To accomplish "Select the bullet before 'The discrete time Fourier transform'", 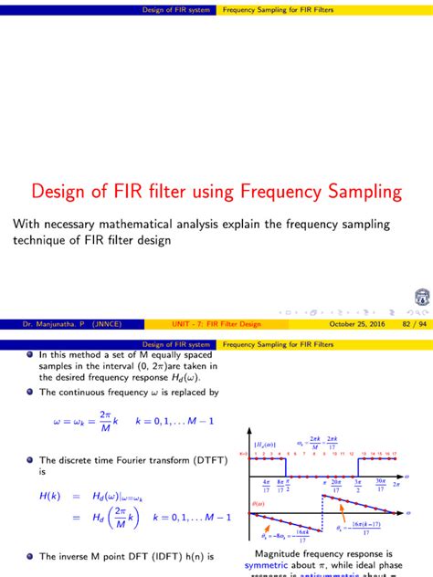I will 29,461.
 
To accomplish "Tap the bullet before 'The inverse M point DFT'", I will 29,556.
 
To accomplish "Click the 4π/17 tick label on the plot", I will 266,485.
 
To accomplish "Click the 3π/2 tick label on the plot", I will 359,485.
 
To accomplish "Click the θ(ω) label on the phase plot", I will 257,504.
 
